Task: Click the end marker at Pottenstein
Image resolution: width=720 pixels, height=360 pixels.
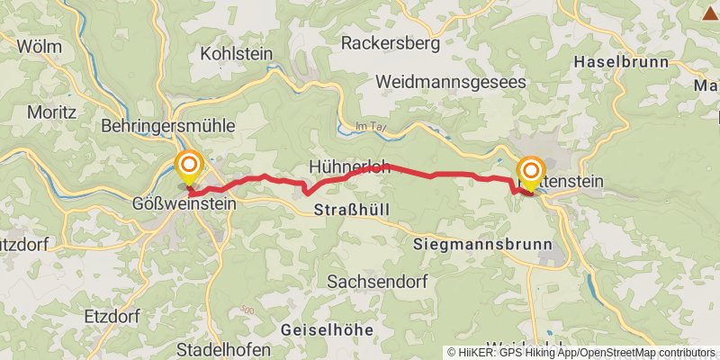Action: pos(531,172)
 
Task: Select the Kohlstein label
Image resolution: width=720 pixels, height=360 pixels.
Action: pos(236,53)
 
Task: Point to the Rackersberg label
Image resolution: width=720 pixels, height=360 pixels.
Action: pos(390,42)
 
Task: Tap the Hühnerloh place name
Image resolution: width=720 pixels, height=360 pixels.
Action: pos(348,166)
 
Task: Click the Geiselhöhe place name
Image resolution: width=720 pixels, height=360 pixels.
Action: pos(326,330)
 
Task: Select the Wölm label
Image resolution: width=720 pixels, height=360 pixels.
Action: pos(39,45)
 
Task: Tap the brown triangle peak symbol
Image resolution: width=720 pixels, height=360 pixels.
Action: pos(706,12)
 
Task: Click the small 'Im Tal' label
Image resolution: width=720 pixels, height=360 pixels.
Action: pos(371,127)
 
